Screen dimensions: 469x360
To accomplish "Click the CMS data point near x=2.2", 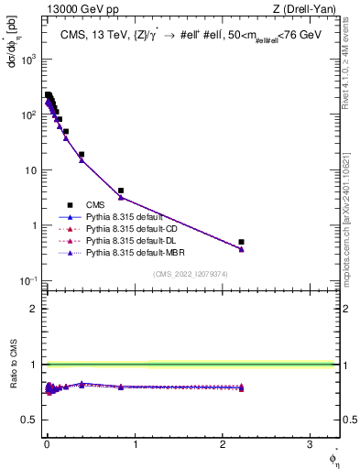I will pos(241,242).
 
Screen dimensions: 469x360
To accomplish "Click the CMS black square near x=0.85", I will pos(121,191).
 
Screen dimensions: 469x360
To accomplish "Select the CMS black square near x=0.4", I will pos(82,155).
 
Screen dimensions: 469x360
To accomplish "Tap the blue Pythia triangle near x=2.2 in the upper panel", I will pos(241,249).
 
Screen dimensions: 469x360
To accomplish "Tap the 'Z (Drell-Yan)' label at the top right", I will pos(309,9).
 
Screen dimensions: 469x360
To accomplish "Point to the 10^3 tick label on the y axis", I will pos(30,59).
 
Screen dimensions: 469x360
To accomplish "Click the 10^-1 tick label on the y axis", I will pos(30,280).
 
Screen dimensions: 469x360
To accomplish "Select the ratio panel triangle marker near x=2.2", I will pos(241,387).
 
